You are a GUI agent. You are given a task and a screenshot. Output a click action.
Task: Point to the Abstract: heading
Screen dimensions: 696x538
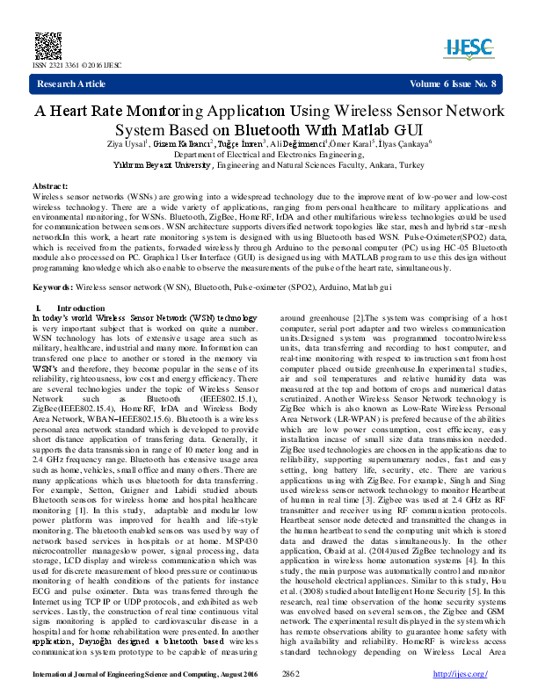(50, 187)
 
